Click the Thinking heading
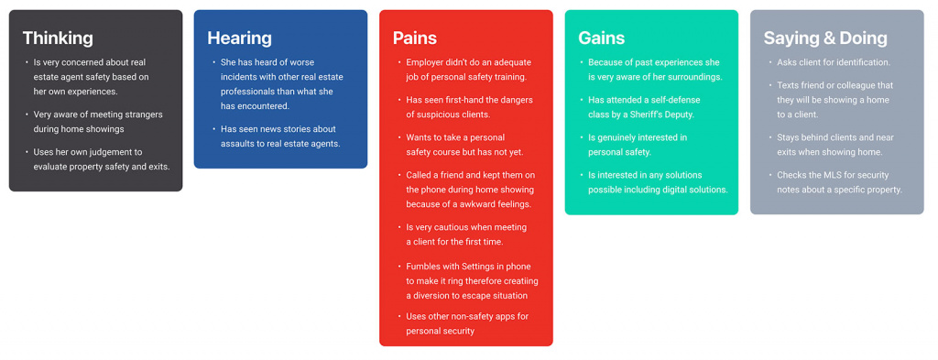coord(58,38)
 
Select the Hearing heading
coord(239,38)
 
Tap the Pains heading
coord(415,38)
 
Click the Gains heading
coord(601,38)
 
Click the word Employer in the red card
coord(424,62)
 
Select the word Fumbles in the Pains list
coord(422,267)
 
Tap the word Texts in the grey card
coord(789,85)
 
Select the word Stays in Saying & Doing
coord(789,137)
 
